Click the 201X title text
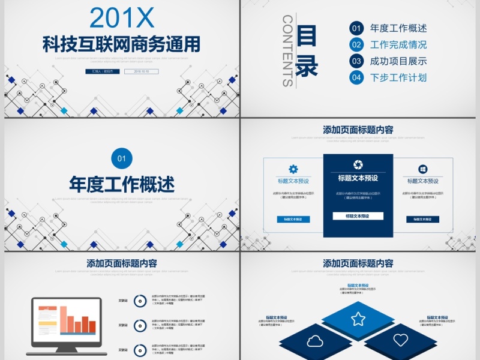click(x=121, y=17)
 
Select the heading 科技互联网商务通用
click(x=121, y=43)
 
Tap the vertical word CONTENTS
click(x=287, y=51)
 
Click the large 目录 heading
click(x=307, y=52)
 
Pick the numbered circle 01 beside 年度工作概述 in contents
click(x=356, y=28)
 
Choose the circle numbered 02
click(x=356, y=44)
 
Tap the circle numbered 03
click(x=356, y=61)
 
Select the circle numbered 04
click(x=356, y=77)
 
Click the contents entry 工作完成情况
click(x=398, y=44)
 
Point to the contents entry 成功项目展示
click(x=398, y=61)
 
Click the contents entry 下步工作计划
click(x=398, y=77)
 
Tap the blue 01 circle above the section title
click(x=122, y=158)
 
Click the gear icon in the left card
click(x=293, y=169)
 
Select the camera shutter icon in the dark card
click(x=358, y=164)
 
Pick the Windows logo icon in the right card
click(x=423, y=169)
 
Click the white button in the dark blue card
click(x=358, y=216)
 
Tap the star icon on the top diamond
click(x=358, y=319)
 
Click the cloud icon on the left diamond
click(x=315, y=341)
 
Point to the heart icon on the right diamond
click(x=401, y=340)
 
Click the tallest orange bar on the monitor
click(x=63, y=320)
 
